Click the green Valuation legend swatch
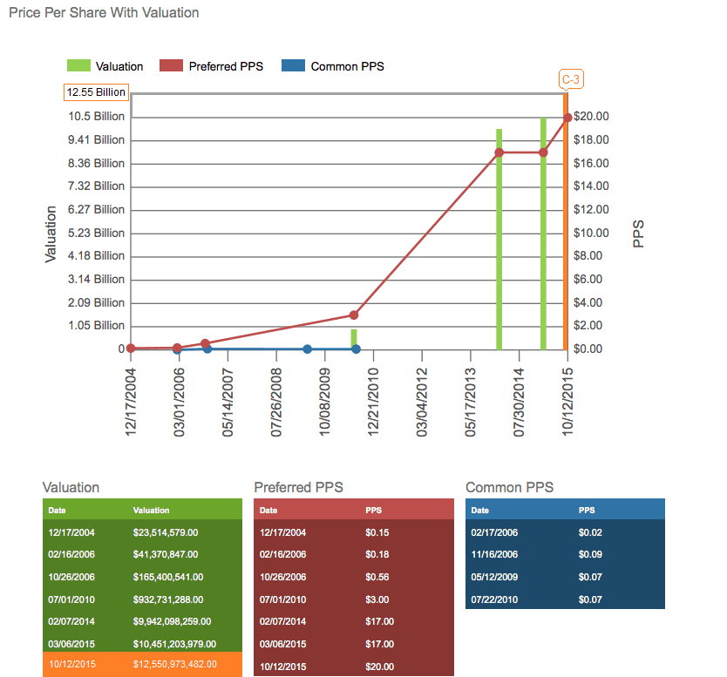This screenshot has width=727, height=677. click(x=78, y=66)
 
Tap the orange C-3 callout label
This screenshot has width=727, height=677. click(x=571, y=80)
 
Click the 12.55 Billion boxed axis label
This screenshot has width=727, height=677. click(x=96, y=92)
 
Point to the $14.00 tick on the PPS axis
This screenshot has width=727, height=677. click(x=591, y=186)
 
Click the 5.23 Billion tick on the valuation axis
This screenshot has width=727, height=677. click(x=97, y=233)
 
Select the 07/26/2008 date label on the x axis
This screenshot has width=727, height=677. click(x=276, y=400)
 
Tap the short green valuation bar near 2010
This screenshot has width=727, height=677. click(x=354, y=338)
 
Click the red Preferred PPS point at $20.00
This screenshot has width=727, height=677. click(x=567, y=117)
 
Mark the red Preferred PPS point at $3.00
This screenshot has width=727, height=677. click(x=354, y=315)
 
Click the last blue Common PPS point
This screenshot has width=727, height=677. click(x=357, y=349)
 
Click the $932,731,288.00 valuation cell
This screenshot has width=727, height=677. click(x=168, y=599)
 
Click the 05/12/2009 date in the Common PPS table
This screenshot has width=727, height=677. click(x=494, y=577)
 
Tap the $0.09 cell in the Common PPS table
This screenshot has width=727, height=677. click(x=590, y=554)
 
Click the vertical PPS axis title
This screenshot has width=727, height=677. click(x=638, y=234)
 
